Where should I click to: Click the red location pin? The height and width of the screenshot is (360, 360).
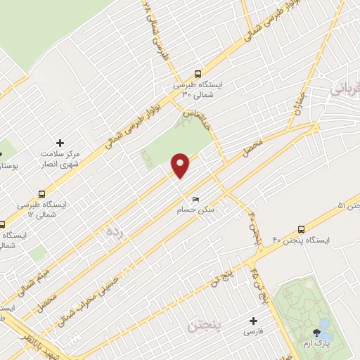click(x=181, y=165)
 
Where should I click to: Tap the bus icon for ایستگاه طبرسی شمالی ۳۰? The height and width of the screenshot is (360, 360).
click(x=198, y=73)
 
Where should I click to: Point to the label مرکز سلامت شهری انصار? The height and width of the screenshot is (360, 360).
click(x=60, y=159)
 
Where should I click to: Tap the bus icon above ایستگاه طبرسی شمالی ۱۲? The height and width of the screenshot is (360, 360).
click(x=43, y=193)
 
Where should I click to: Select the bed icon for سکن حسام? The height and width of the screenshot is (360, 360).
click(x=195, y=199)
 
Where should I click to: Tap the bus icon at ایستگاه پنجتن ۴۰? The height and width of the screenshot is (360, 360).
click(x=302, y=229)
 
